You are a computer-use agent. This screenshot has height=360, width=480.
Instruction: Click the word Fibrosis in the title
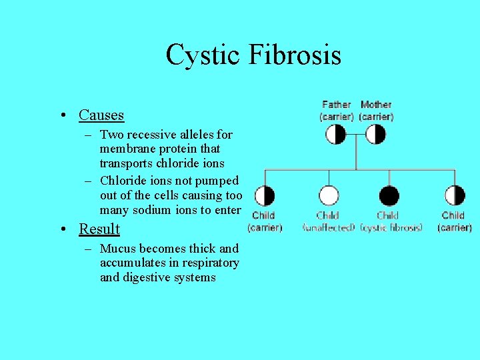(x=295, y=55)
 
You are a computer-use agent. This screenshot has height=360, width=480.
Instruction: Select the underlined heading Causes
(x=101, y=115)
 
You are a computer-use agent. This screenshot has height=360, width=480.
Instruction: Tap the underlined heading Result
(x=99, y=229)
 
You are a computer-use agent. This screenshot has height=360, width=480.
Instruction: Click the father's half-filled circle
(x=336, y=135)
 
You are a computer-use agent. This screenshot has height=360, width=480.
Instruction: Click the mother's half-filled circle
(x=376, y=135)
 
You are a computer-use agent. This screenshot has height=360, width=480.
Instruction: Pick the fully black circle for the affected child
(x=389, y=196)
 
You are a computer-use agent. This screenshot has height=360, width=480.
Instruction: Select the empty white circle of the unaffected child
(x=329, y=196)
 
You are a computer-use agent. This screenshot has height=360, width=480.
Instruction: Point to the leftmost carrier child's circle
(x=265, y=196)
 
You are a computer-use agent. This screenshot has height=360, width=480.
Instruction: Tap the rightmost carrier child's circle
(x=455, y=196)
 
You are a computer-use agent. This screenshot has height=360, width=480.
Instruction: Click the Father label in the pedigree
(x=336, y=105)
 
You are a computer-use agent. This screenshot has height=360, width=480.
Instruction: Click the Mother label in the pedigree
(x=376, y=105)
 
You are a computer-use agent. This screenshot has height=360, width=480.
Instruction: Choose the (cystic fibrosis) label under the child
(x=391, y=227)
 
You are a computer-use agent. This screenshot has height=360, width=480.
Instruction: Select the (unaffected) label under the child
(x=329, y=227)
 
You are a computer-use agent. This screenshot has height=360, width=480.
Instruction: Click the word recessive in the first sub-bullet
(x=148, y=135)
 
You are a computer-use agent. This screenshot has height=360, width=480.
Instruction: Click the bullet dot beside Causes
(x=61, y=116)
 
